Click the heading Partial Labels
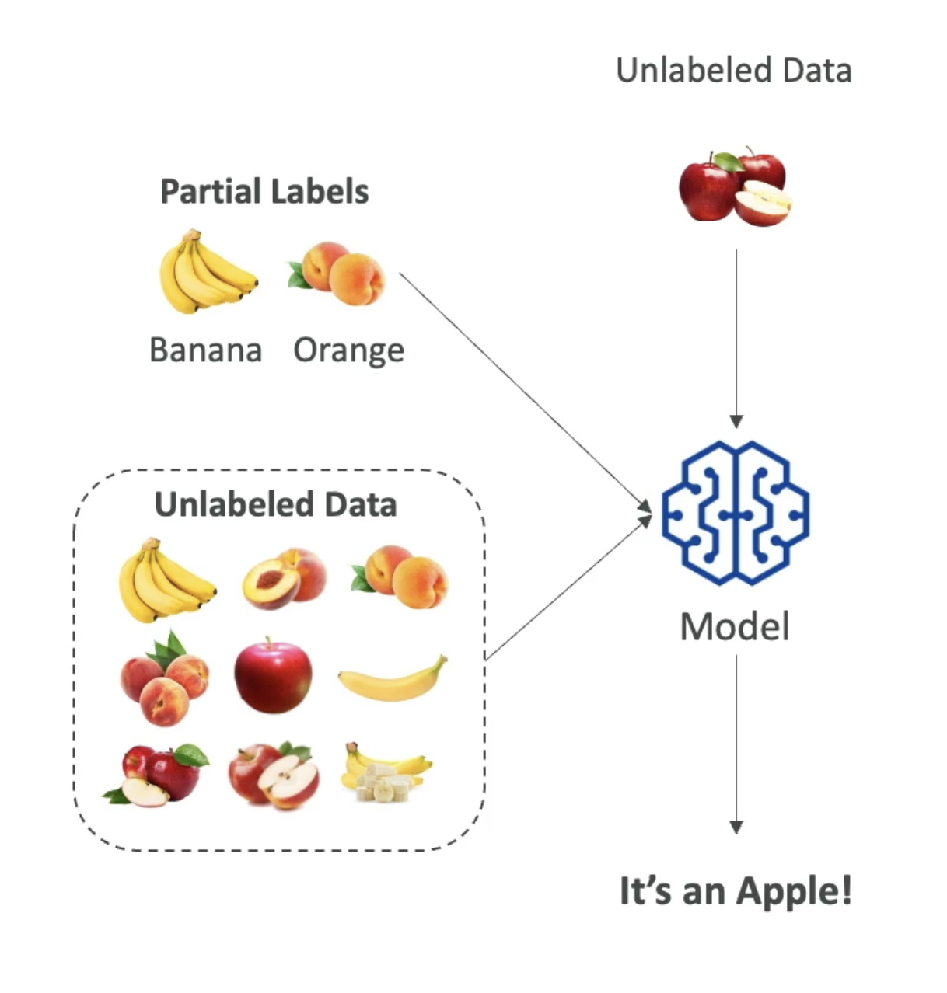(264, 192)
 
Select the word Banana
(205, 350)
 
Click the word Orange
(348, 351)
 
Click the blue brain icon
(736, 514)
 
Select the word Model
(735, 627)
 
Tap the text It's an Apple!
(736, 890)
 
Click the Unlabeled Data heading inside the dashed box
(276, 504)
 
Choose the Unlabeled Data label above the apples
(734, 71)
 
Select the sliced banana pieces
(385, 781)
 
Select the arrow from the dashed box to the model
(568, 589)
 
